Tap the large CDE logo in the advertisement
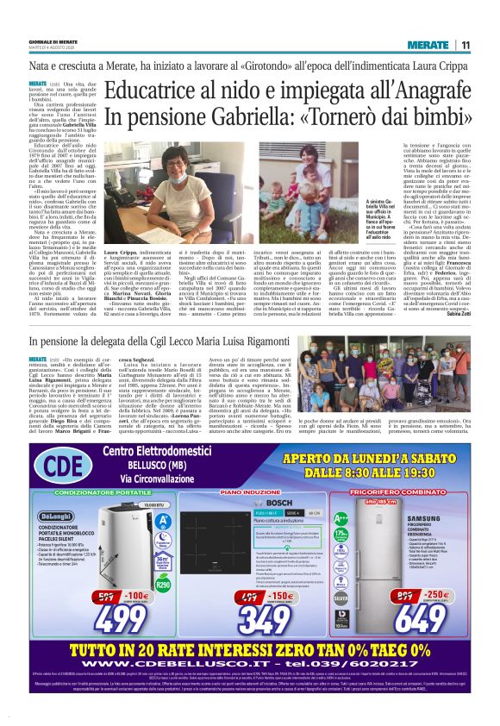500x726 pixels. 55,467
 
